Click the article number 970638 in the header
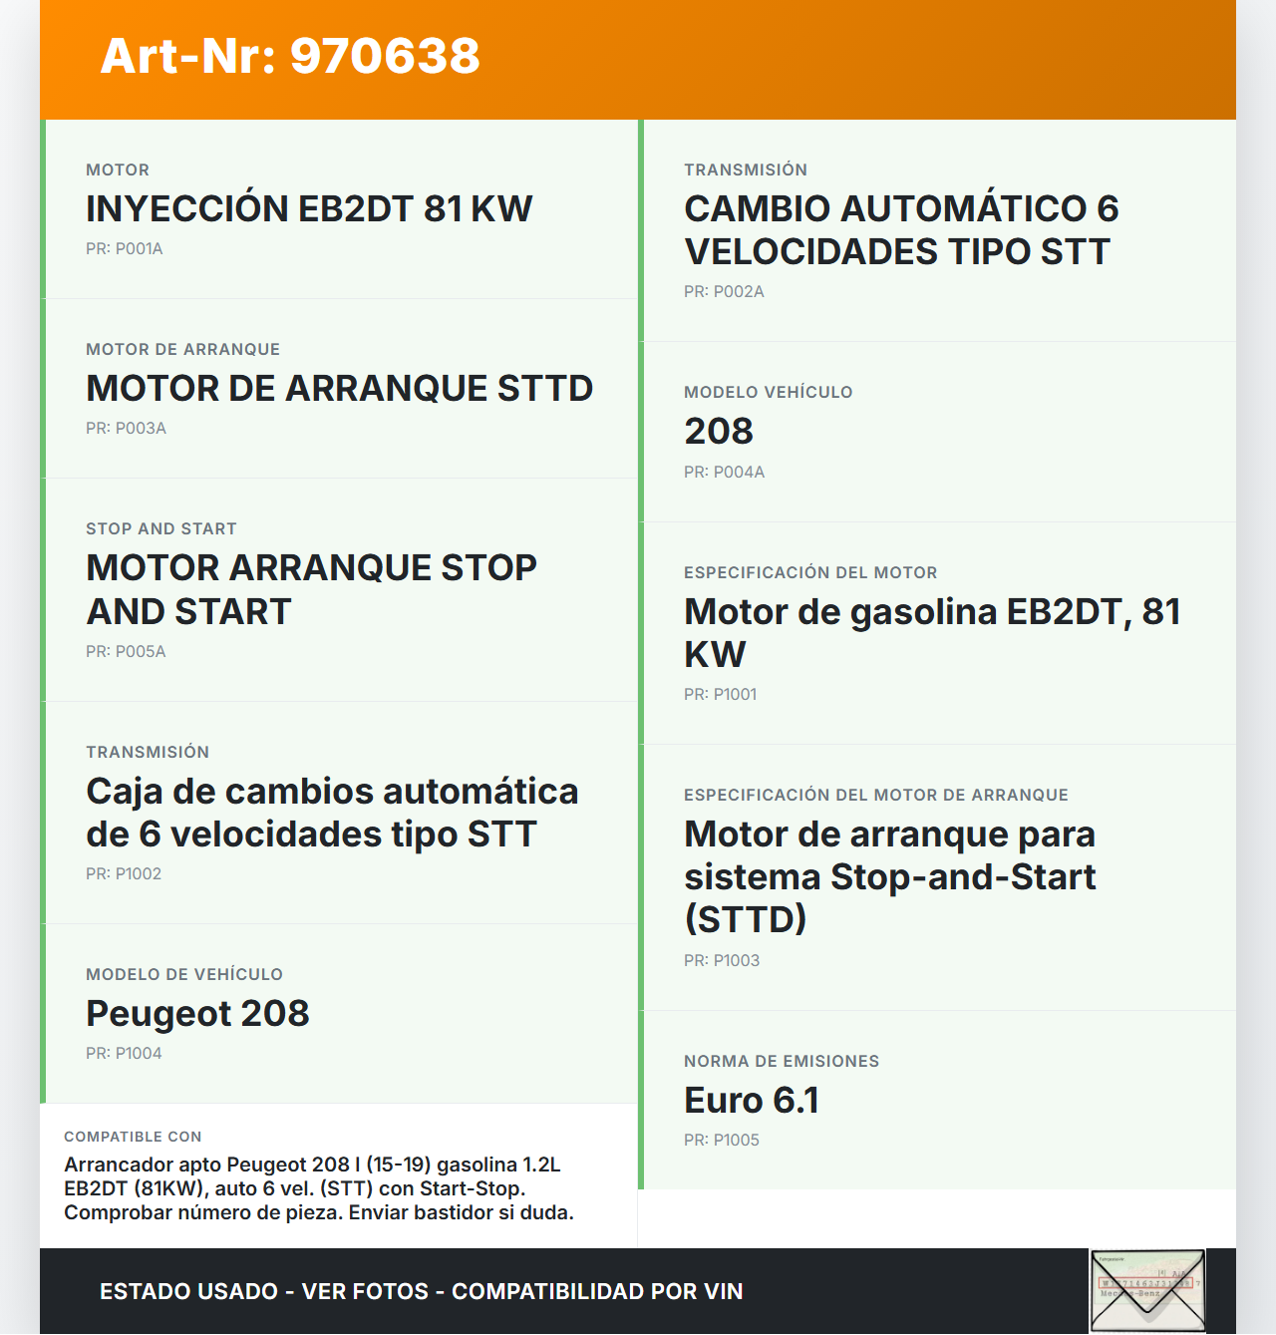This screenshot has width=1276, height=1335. point(385,56)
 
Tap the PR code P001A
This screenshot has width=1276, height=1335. point(125,249)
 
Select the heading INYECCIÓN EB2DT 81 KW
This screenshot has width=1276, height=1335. point(309,209)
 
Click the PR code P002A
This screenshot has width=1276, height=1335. point(724,292)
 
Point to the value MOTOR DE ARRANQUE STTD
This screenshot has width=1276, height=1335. point(339,389)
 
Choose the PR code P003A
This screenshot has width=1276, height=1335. point(126,429)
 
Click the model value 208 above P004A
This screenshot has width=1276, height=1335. point(719,432)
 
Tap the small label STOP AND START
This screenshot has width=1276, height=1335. point(161,529)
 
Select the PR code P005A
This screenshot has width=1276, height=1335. point(126,652)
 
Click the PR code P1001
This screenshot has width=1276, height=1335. point(720,695)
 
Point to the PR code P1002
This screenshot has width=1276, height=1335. point(124,874)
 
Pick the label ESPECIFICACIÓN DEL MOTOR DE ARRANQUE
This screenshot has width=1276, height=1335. point(875,796)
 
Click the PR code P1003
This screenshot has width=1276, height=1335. point(722,961)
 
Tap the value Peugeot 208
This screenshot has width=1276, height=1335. point(197,1014)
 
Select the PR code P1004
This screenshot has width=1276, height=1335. point(124,1054)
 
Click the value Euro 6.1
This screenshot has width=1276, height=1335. point(752,1101)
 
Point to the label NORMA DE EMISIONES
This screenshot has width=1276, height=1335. point(782,1062)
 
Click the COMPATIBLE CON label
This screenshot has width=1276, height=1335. point(133,1138)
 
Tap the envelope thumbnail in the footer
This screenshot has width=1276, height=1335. point(1147,1291)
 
